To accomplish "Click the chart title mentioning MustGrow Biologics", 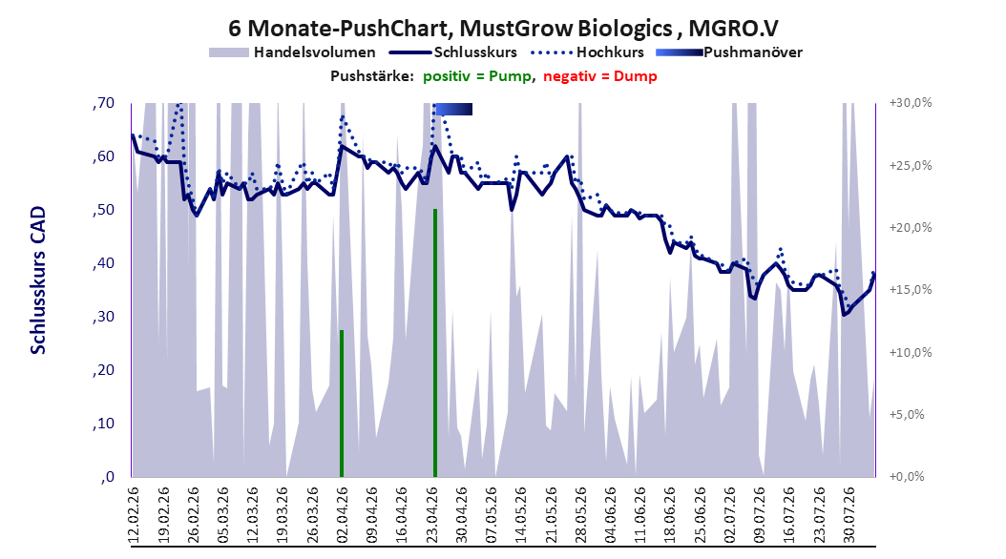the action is pos(503,29).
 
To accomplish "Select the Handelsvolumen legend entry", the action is pos(292,52).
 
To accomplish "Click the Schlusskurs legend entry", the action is pos(453,52).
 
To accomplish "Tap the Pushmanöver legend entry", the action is pos(729,52).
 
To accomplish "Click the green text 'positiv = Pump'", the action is pos(477,76).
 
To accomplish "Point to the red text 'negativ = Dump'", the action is pos(600,76).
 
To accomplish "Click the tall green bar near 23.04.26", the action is pos(435,343).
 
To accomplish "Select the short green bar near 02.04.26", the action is pos(342,404).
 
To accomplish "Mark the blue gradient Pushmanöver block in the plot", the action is pos(454,110).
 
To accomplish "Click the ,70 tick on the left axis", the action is pos(103,103).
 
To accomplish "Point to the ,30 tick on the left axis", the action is pos(103,317).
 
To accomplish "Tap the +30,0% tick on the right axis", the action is pos(911,103).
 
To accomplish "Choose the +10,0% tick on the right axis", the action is pos(911,352).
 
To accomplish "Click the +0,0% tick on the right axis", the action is pos(907,476).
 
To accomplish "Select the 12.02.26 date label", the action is pos(134,515).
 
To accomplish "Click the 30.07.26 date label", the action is pos(849,515).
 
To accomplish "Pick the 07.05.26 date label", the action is pos(492,515).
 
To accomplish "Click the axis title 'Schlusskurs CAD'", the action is pos(38,279).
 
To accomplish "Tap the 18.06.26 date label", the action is pos(670,515).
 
